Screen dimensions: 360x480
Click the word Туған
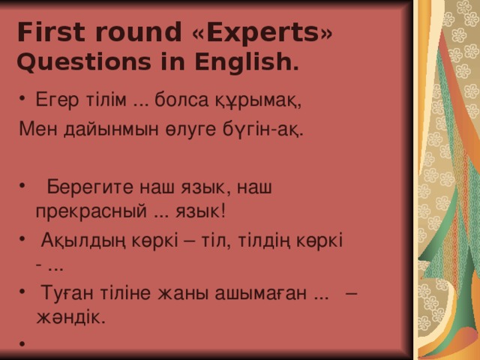tap(63, 293)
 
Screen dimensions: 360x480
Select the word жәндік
tap(70, 316)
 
